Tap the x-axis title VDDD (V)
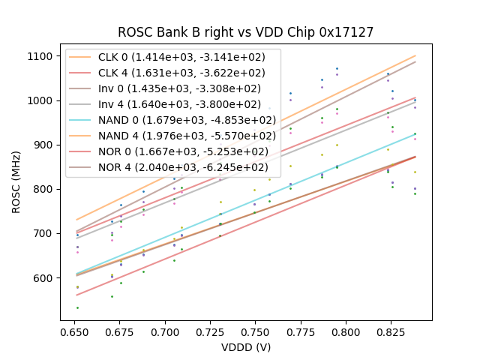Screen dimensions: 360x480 [x=245, y=347]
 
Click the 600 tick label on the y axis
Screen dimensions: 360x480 [x=44, y=278]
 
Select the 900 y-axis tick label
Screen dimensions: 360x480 [x=44, y=145]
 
